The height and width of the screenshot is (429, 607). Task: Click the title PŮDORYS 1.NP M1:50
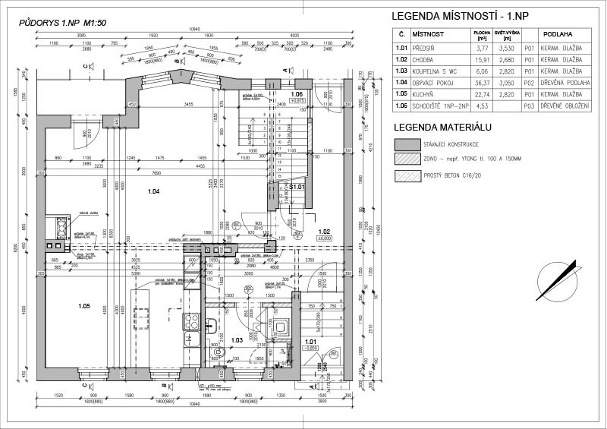(62, 23)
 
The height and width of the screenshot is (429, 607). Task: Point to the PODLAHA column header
(558, 34)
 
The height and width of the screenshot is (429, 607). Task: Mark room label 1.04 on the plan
(154, 191)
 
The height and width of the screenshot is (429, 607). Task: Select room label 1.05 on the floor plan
(83, 305)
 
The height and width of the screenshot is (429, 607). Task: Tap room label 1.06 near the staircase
(297, 94)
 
